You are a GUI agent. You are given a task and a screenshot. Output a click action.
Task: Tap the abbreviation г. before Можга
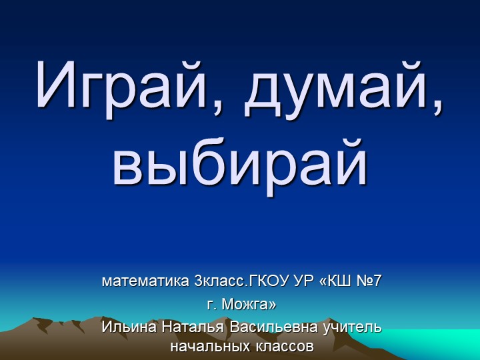(x=212, y=305)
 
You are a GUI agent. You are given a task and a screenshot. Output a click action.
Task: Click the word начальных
(x=209, y=347)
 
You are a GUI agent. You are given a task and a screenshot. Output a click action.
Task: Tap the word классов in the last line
(x=283, y=347)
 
